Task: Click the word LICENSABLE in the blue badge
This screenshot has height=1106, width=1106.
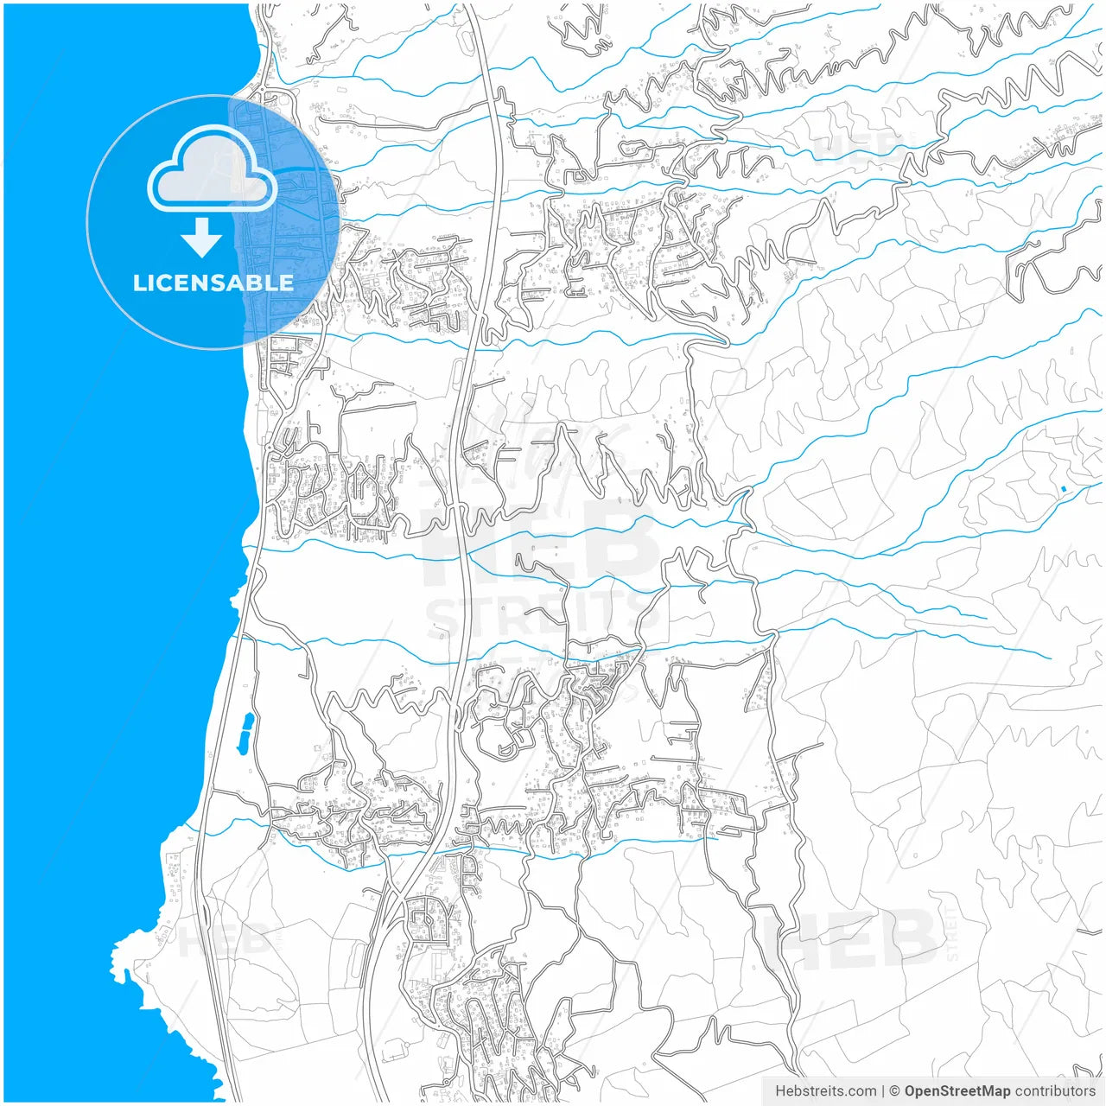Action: point(213,283)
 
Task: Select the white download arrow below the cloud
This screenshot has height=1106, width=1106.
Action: point(201,238)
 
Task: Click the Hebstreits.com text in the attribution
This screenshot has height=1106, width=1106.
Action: point(825,1091)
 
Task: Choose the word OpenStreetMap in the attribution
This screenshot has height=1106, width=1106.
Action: point(957,1091)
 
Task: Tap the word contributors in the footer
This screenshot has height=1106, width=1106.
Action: point(1054,1091)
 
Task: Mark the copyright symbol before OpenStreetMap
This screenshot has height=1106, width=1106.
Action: point(895,1091)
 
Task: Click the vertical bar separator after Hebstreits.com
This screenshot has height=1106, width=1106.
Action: point(883,1091)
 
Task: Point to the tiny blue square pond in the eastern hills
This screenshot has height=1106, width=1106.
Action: point(1064,490)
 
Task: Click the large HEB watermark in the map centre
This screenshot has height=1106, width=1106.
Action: point(540,544)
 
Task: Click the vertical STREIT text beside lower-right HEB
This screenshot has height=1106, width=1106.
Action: point(952,933)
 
